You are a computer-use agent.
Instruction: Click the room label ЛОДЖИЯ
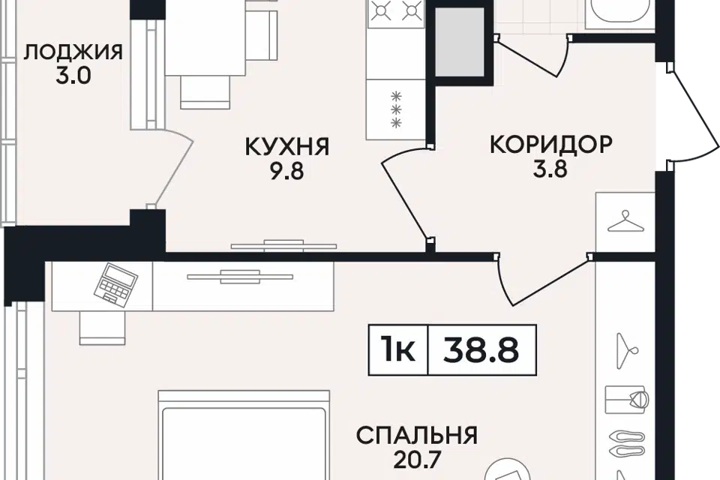click(x=73, y=52)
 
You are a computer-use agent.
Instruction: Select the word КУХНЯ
click(x=287, y=147)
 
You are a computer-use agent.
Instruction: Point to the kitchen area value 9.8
click(x=287, y=172)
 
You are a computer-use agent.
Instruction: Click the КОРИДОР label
click(x=551, y=144)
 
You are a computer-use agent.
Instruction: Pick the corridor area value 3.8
click(x=550, y=169)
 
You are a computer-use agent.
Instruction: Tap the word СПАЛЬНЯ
click(x=417, y=435)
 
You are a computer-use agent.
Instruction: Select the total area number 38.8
click(x=481, y=350)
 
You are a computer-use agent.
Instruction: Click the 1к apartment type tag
click(x=397, y=350)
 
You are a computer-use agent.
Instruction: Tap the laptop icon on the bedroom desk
click(x=115, y=283)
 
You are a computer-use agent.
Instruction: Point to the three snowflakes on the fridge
click(x=396, y=109)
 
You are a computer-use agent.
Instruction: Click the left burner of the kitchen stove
click(x=380, y=10)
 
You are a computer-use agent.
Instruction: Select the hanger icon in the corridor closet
click(x=625, y=222)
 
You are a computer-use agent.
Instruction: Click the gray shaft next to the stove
click(x=459, y=42)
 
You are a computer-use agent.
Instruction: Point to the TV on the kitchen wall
click(x=283, y=246)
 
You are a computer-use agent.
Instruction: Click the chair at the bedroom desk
click(x=102, y=328)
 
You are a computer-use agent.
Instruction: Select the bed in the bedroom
click(x=244, y=436)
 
